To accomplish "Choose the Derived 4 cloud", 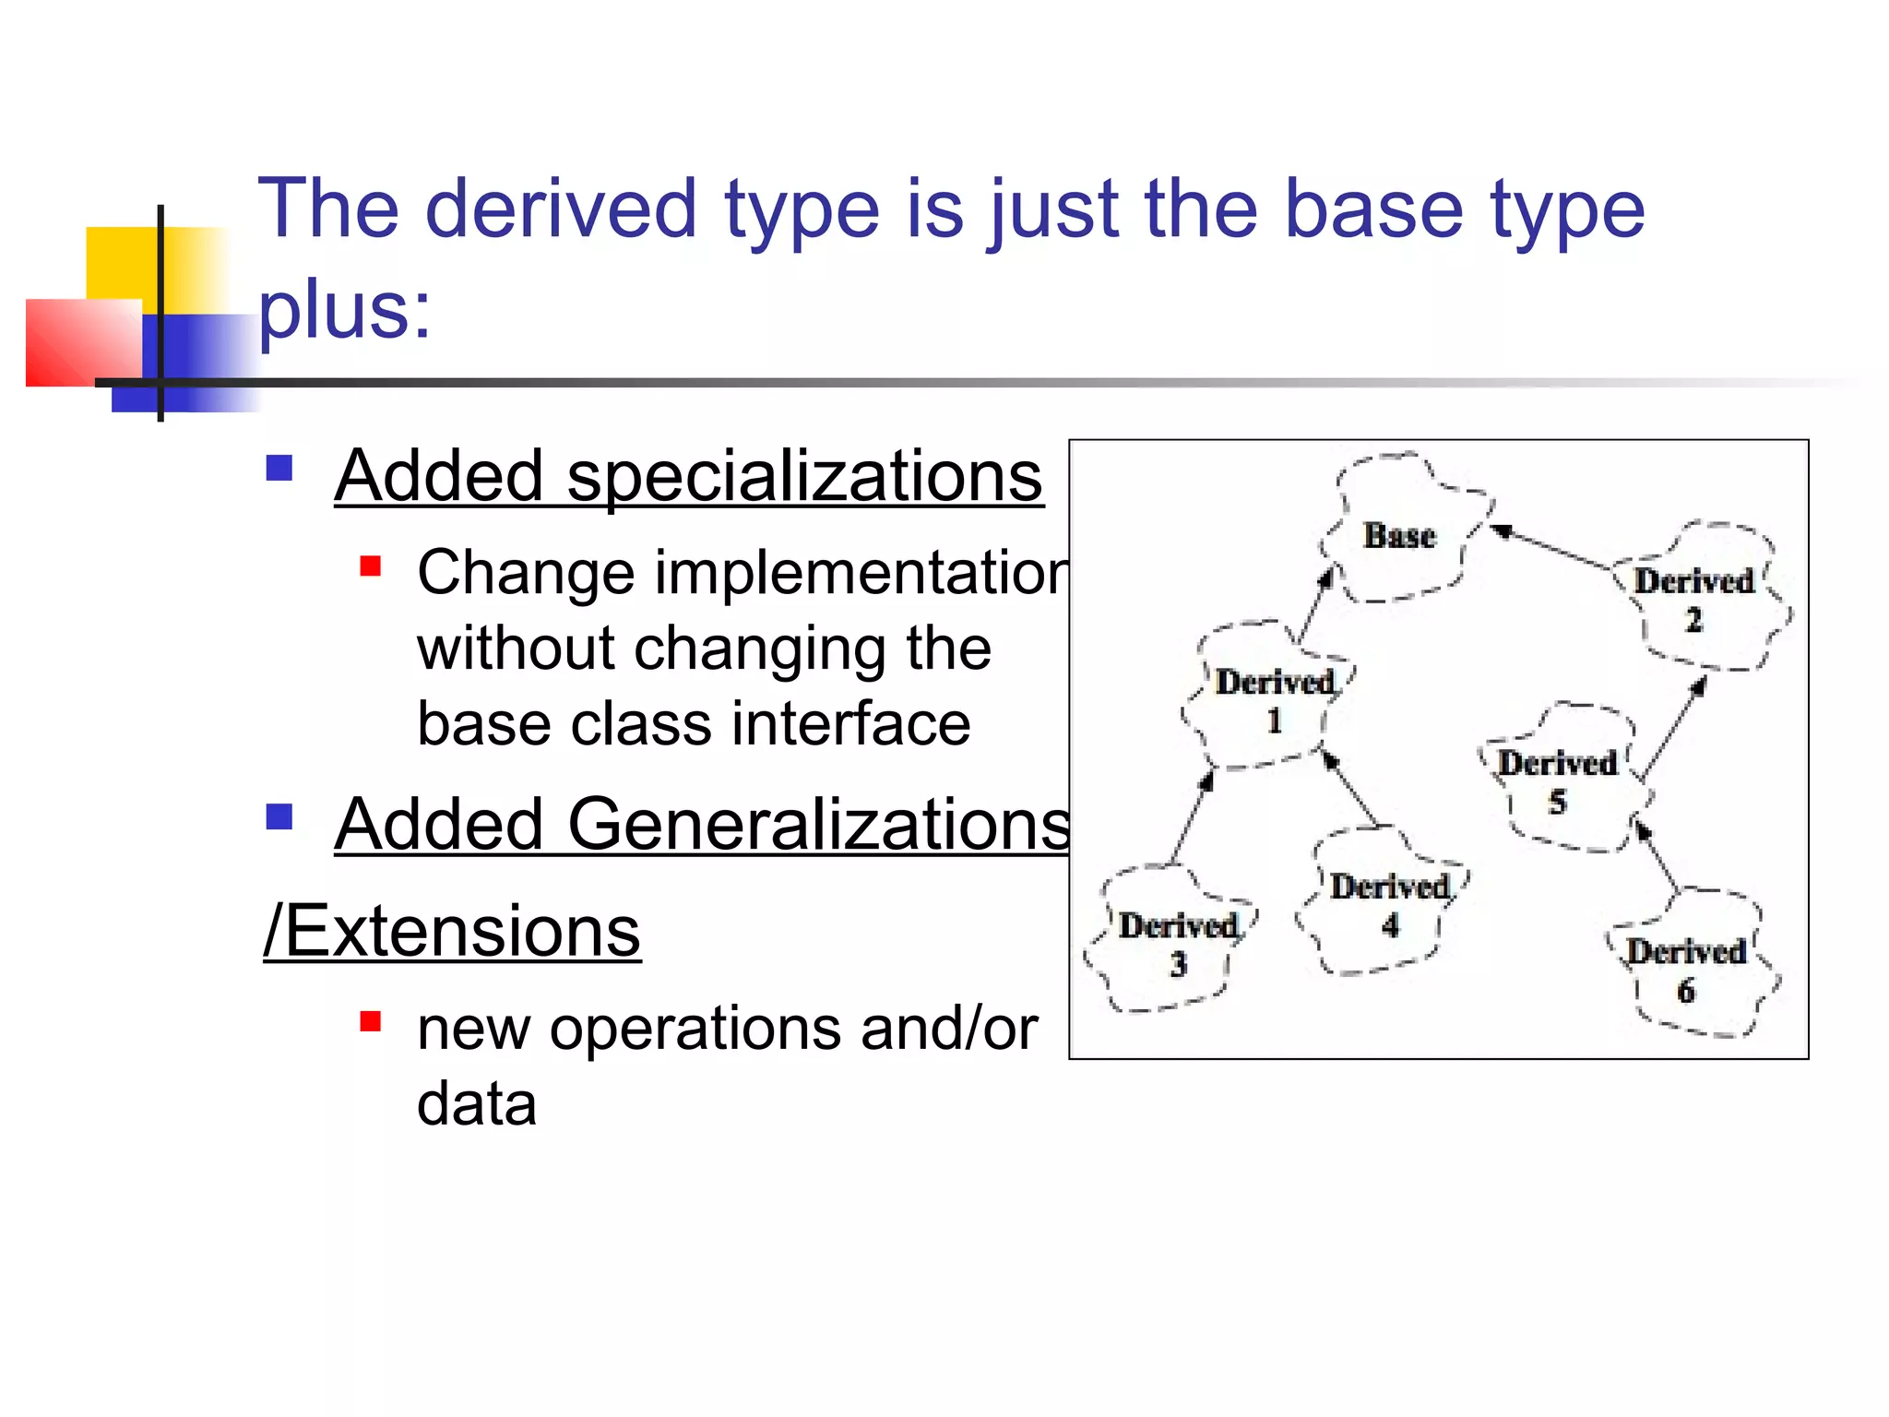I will click(x=1389, y=905).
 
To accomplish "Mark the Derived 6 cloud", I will click(x=1686, y=970).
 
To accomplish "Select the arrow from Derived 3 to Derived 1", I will click(x=1192, y=817).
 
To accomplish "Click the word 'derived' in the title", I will click(x=560, y=210).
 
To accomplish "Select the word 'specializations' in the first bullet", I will click(x=804, y=477).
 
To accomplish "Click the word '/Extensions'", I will click(x=452, y=931).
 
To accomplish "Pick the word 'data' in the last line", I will click(x=476, y=1104).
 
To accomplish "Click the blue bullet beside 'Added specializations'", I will click(x=279, y=468).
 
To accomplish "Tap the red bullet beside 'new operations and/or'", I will click(x=371, y=1021).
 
